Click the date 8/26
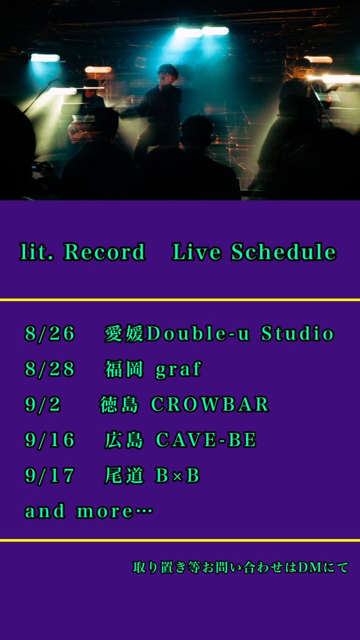[50, 334]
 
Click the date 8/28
[50, 370]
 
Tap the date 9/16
[50, 441]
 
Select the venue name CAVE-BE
[206, 441]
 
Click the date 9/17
[50, 476]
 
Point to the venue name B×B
[178, 476]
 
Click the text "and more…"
[89, 511]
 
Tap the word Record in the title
[105, 252]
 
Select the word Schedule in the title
[284, 252]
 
